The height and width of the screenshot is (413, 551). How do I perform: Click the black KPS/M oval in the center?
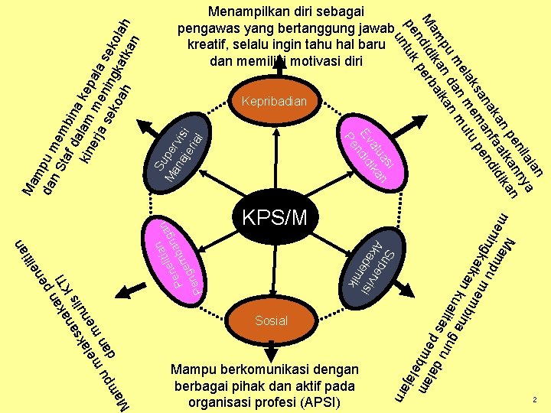coord(275,217)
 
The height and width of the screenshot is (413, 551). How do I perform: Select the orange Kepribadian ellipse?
coord(273,101)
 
